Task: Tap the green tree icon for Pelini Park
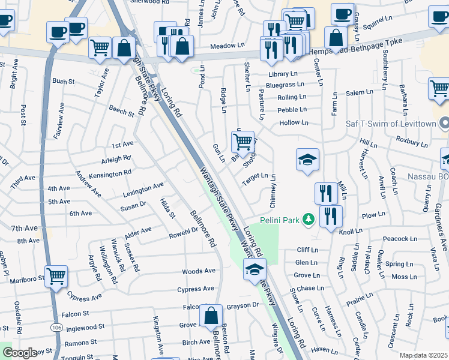[309, 220]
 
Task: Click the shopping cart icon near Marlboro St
[56, 277]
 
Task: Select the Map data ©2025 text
[423, 355]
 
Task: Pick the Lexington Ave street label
[143, 189]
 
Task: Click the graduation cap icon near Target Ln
[307, 160]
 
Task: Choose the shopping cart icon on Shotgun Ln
[243, 142]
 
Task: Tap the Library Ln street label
[283, 74]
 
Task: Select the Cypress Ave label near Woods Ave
[195, 289]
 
